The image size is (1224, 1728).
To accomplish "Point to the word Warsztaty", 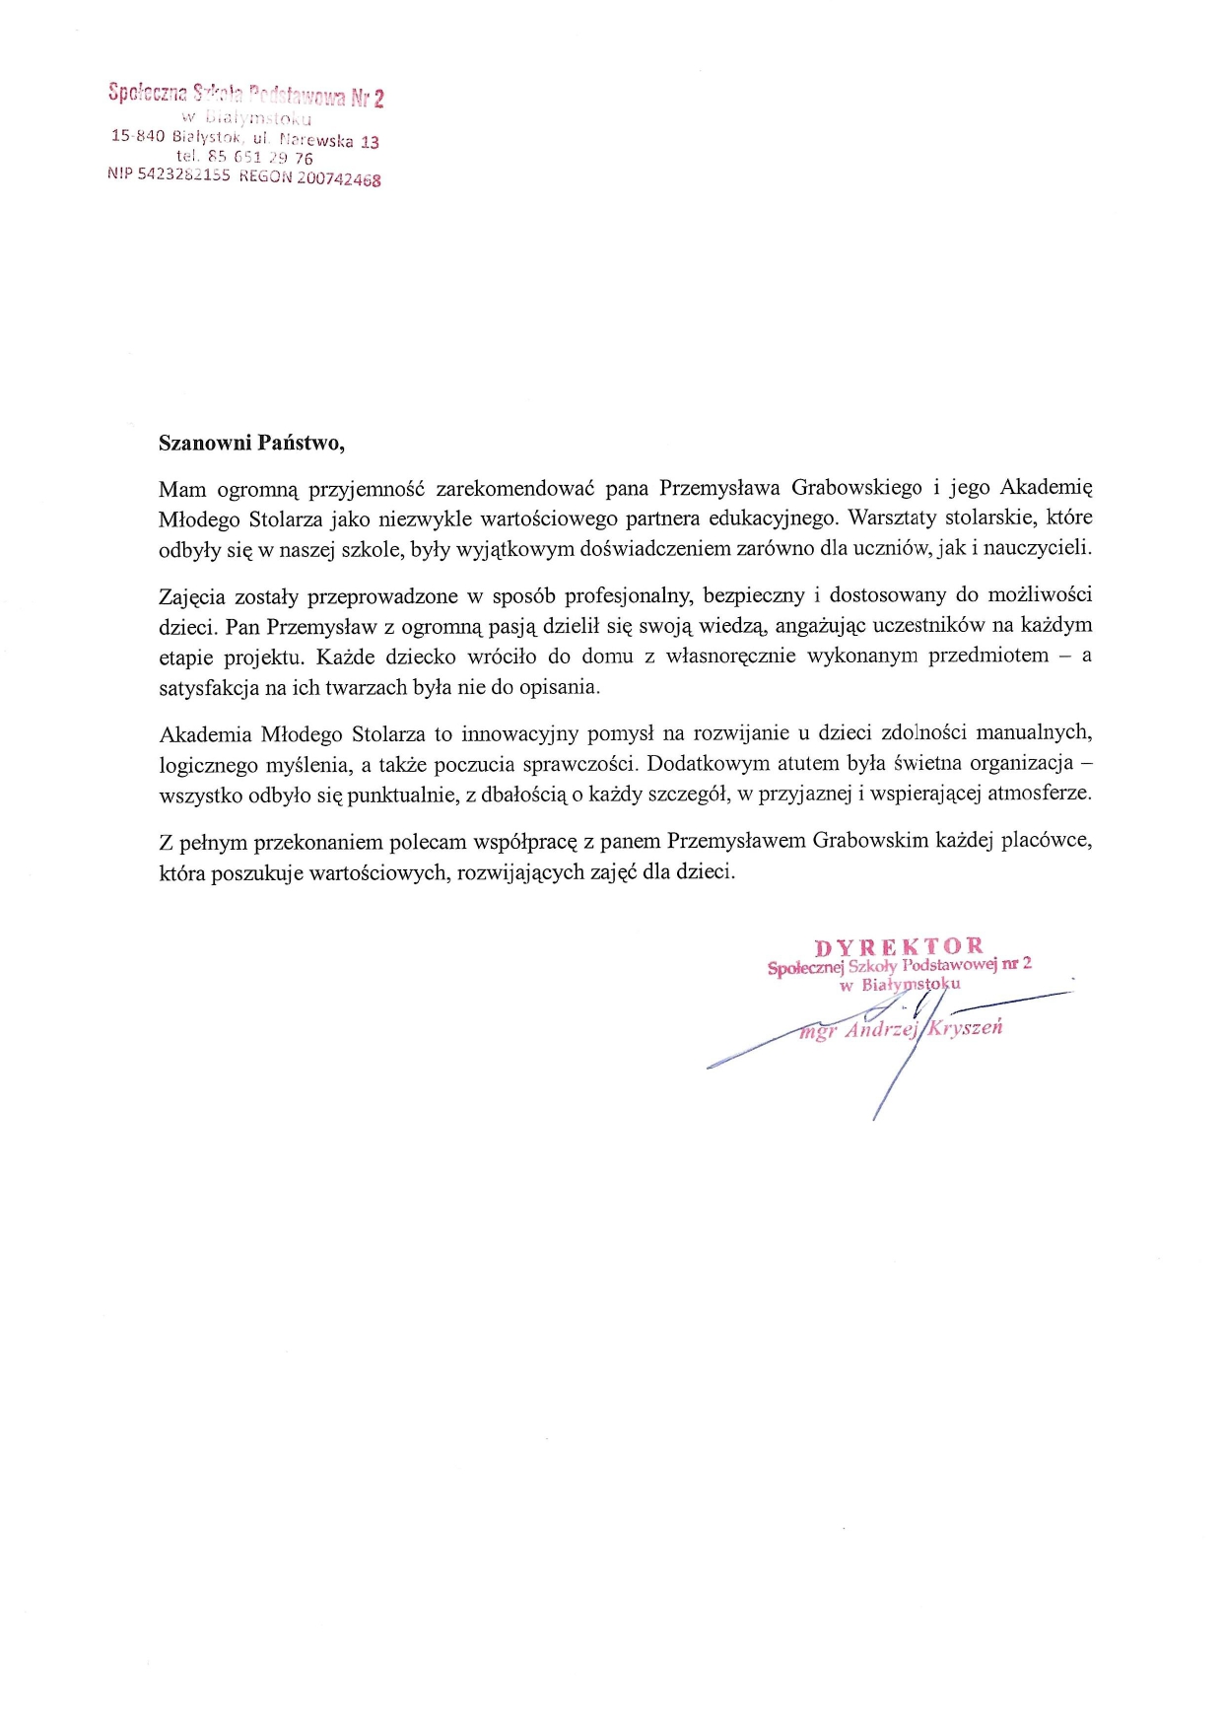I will click(892, 518).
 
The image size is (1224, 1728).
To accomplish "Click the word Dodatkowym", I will click(708, 763).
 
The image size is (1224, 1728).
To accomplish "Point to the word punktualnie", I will click(403, 794).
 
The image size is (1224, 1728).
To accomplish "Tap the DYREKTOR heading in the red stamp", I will click(899, 948).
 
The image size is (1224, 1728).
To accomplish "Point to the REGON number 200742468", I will click(339, 180).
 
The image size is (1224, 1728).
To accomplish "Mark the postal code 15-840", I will click(137, 135).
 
